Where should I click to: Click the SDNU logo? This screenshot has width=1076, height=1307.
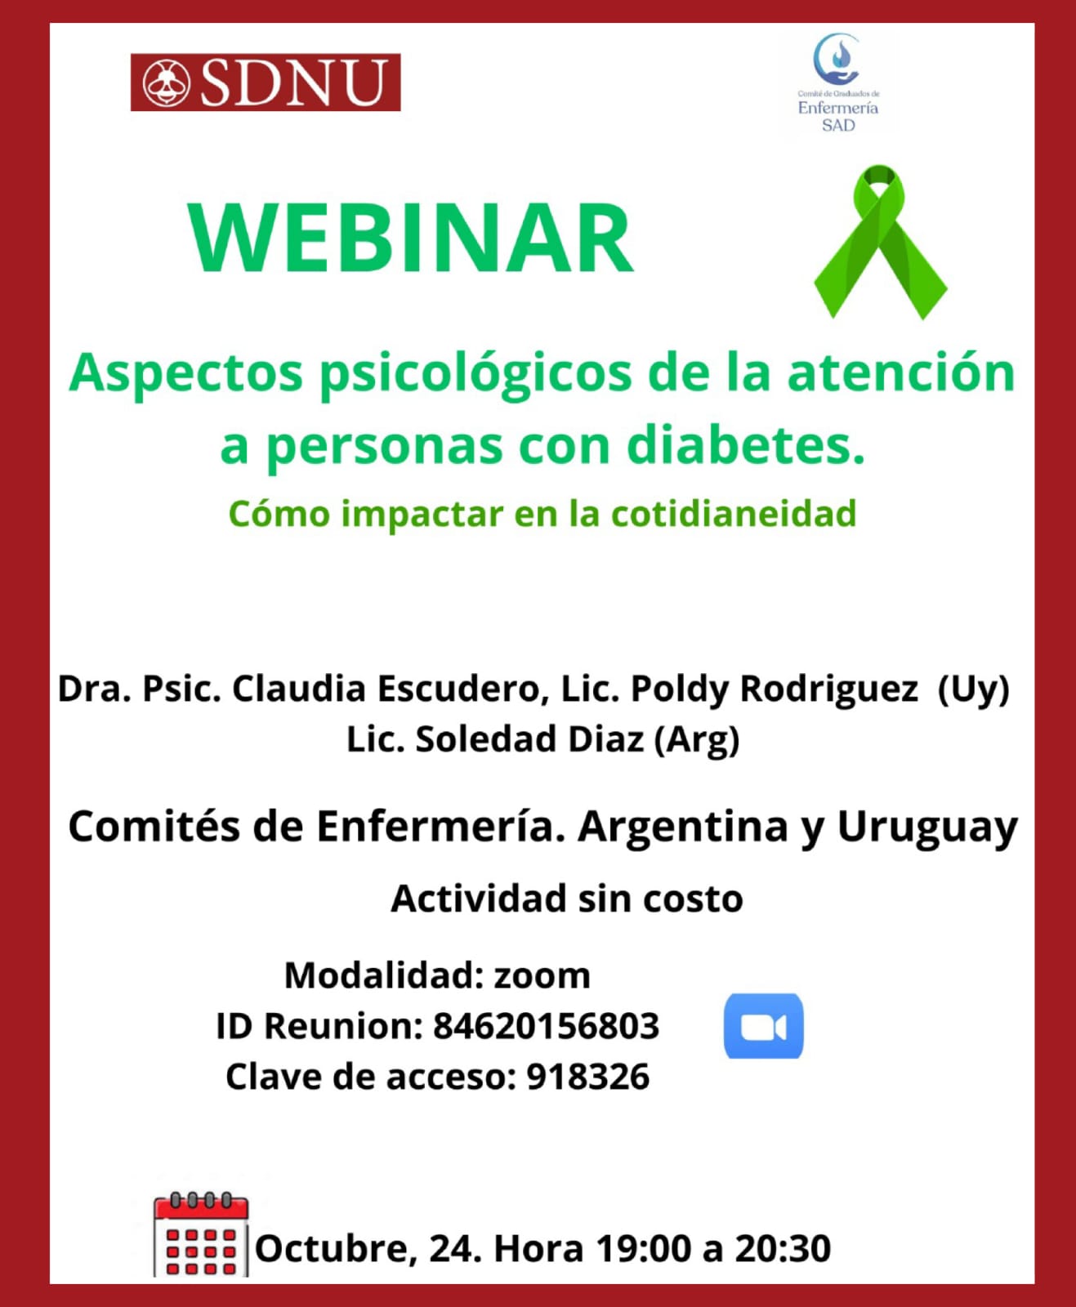(266, 83)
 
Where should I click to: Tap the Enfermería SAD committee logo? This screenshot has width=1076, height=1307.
(838, 83)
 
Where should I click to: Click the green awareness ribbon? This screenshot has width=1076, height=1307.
(880, 243)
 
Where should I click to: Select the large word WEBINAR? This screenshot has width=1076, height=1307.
(411, 238)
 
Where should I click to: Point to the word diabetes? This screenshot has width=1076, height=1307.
(746, 446)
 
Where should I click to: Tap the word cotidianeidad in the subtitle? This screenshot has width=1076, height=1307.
(734, 514)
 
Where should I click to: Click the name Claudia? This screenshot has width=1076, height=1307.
(299, 689)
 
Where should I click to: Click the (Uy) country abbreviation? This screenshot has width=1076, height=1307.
(974, 690)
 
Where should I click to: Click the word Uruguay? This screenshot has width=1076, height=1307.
(927, 828)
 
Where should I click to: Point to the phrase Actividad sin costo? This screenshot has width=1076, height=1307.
(567, 899)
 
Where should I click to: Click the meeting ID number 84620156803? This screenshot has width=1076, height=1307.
(546, 1026)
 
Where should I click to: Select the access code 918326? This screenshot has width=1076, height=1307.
(588, 1077)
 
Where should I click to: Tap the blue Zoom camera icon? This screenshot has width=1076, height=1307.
(764, 1026)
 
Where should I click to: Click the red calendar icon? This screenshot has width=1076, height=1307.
(201, 1234)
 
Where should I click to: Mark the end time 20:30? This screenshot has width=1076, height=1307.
(783, 1249)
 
